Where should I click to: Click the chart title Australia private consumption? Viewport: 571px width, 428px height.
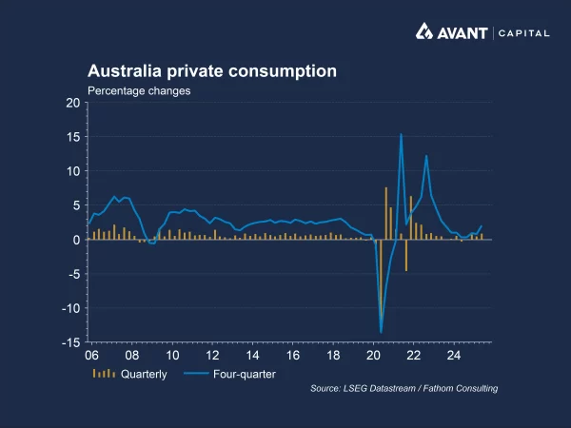(x=211, y=71)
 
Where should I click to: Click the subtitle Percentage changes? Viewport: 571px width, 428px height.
(x=139, y=91)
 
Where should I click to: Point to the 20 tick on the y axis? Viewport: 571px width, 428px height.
(x=72, y=103)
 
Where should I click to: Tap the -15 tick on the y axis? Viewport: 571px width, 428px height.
(x=70, y=342)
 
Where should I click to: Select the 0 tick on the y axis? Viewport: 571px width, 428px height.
(x=76, y=240)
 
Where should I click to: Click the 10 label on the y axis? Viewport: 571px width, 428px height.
(x=72, y=171)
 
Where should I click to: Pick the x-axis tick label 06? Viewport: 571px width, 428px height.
(x=91, y=356)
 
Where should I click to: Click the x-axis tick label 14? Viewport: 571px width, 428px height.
(x=252, y=356)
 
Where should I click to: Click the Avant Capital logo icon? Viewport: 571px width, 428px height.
(x=427, y=32)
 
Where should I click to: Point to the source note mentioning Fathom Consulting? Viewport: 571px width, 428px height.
(x=404, y=388)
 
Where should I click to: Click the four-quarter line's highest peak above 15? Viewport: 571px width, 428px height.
(x=402, y=134)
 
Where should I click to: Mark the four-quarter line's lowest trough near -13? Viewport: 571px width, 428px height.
(x=381, y=332)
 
